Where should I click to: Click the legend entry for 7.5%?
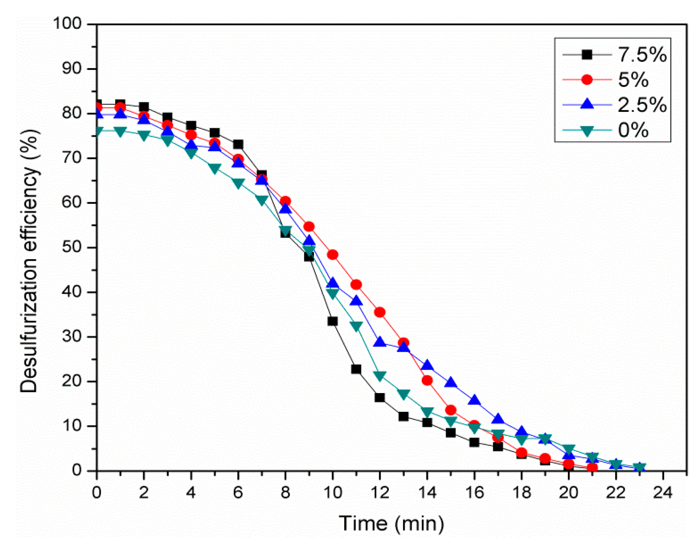[x=641, y=54]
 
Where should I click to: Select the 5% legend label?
[x=633, y=80]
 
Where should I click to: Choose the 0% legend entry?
[x=633, y=130]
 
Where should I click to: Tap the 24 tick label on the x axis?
[x=662, y=493]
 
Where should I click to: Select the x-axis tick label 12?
[x=380, y=493]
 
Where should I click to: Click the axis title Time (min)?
[x=391, y=523]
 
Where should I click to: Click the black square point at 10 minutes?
[x=332, y=321]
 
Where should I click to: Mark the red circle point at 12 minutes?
[x=379, y=312]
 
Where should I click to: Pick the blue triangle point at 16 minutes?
[x=474, y=400]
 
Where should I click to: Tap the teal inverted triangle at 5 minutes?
[x=214, y=169]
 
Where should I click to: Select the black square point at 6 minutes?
[x=238, y=144]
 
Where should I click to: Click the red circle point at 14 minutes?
[x=427, y=380]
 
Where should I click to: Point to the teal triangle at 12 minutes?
[x=379, y=376]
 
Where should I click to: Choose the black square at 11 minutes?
[x=356, y=369]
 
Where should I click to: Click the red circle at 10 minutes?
[x=332, y=255]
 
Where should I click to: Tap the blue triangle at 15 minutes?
[x=451, y=382]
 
